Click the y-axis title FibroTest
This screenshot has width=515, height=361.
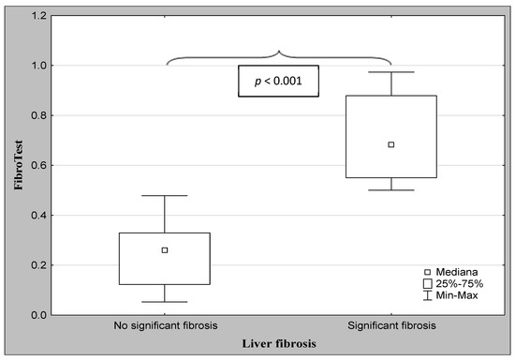point(18,165)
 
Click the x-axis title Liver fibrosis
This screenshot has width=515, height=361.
point(278,344)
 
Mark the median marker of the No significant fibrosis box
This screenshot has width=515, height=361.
point(165,250)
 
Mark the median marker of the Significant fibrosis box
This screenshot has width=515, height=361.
point(391,144)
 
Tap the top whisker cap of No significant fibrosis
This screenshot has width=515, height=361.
point(165,196)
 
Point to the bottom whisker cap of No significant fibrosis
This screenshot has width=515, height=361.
point(165,302)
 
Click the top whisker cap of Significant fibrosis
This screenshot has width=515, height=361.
point(391,72)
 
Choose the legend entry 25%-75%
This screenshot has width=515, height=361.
point(454,282)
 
